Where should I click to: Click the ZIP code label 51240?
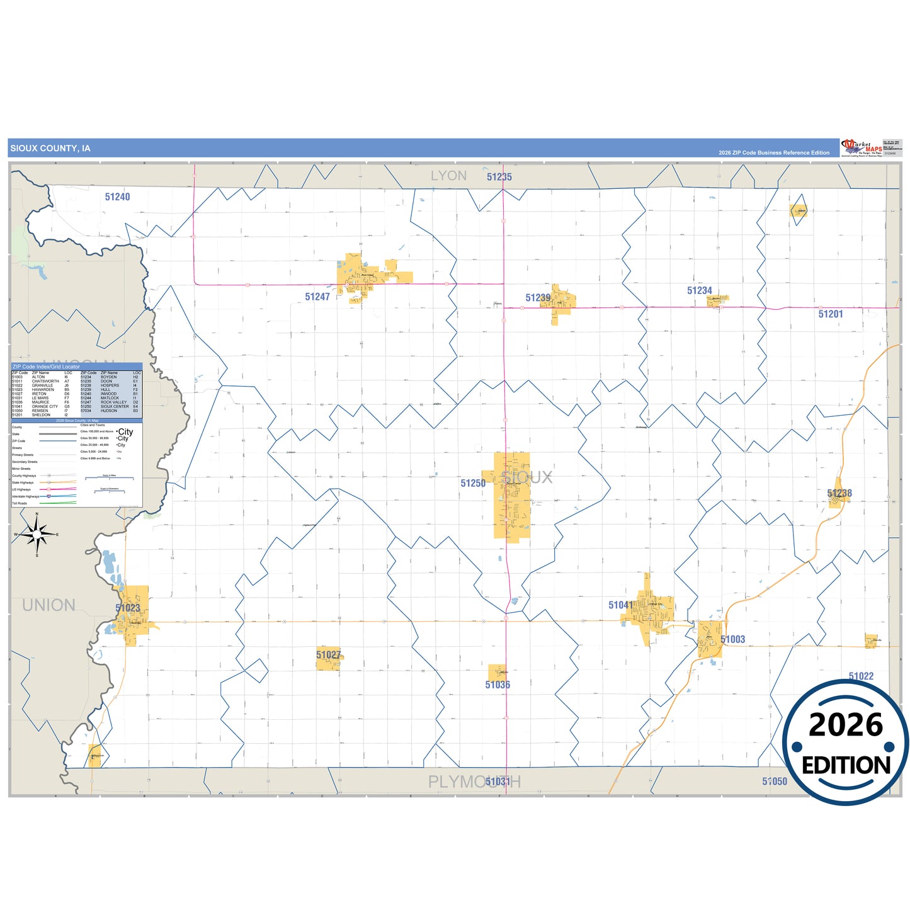click(117, 197)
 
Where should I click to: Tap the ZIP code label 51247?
click(317, 297)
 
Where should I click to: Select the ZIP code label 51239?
click(538, 298)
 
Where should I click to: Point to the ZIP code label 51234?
click(699, 290)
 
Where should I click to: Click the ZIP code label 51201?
click(830, 314)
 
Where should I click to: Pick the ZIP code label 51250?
click(473, 483)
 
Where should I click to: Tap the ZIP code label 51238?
click(839, 494)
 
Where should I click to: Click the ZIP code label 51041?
click(620, 605)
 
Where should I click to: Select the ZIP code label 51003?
click(732, 639)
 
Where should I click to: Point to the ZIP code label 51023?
click(128, 608)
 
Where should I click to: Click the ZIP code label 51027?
click(328, 655)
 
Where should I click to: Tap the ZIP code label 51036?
click(498, 685)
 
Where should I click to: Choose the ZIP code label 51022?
click(861, 676)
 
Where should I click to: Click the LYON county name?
click(448, 176)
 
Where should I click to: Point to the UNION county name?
click(48, 605)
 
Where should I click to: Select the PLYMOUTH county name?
click(474, 782)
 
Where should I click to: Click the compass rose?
click(37, 535)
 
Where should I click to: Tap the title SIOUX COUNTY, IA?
click(50, 149)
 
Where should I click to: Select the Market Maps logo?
click(862, 149)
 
